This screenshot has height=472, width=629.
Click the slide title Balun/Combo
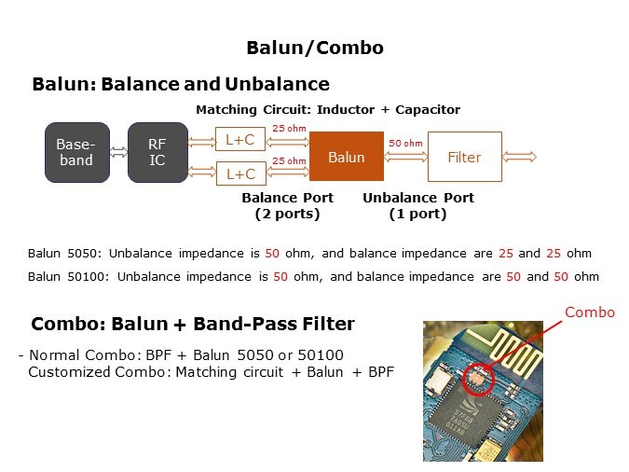314,48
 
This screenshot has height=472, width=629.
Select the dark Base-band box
76,152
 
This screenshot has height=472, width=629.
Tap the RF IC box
157,152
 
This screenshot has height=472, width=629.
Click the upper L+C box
240,140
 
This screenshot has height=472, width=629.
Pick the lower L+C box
240,174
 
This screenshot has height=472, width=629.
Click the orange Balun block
346,157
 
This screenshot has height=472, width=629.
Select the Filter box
464,157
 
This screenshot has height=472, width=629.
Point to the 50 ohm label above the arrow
405,144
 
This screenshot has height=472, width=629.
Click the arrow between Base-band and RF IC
118,153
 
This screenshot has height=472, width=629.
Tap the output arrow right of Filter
519,157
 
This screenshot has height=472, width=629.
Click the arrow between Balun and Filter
405,157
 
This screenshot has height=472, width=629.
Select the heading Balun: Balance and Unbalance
181,84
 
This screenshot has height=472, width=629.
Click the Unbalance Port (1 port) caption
417,205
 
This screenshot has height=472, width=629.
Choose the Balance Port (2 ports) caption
287,205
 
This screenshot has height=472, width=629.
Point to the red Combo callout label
591,312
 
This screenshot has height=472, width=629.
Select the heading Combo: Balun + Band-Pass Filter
193,325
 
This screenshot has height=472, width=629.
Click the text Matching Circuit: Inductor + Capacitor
327,109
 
